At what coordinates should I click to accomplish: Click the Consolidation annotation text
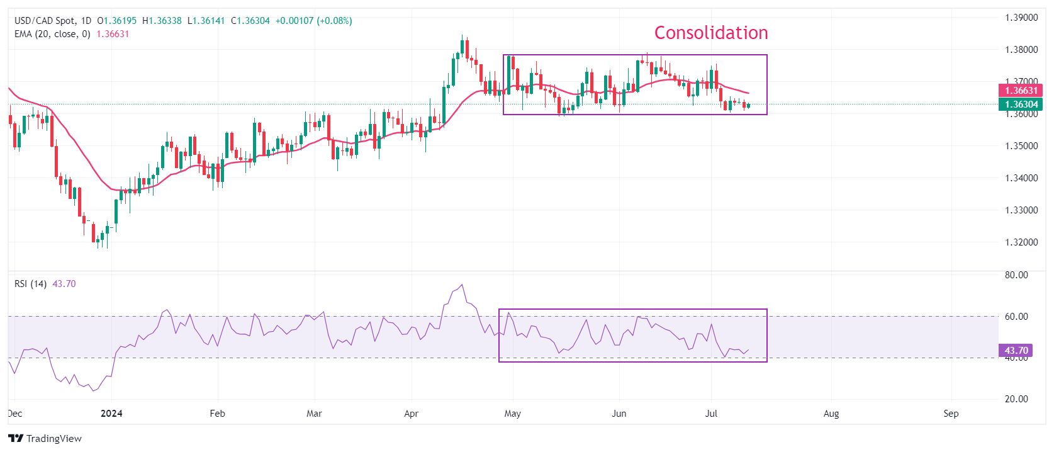[711, 33]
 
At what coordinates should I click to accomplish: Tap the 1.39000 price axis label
[1021, 18]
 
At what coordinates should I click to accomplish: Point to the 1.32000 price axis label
[1021, 242]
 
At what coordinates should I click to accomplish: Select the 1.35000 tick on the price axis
[1021, 146]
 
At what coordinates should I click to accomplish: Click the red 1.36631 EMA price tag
[1021, 91]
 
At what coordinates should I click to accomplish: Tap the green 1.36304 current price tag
[1021, 105]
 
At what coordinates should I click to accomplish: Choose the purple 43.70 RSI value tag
[1016, 351]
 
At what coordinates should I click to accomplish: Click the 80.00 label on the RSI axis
[1016, 275]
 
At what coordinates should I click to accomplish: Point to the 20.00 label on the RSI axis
[1016, 399]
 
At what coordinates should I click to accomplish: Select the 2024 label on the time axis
[111, 414]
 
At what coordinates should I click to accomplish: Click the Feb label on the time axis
[217, 414]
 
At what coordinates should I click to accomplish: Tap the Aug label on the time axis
[831, 414]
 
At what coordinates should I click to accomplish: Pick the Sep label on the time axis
[951, 414]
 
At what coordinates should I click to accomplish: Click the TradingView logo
[45, 439]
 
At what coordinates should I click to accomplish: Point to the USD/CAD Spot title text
[44, 21]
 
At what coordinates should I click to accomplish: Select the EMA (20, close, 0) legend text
[52, 34]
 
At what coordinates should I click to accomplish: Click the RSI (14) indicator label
[30, 284]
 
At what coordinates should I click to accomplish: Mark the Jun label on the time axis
[619, 414]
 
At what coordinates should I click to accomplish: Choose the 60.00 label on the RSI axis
[1016, 317]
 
